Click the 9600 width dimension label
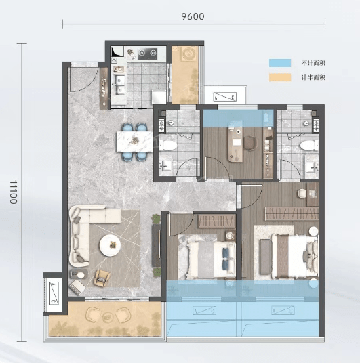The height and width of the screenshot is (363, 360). pyautogui.click(x=193, y=16)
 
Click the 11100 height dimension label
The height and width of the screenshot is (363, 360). pyautogui.click(x=14, y=192)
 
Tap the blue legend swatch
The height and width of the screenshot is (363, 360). pyautogui.click(x=280, y=63)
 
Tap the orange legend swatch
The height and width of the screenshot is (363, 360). pyautogui.click(x=280, y=78)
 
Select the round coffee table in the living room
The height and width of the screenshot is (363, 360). pyautogui.click(x=110, y=245)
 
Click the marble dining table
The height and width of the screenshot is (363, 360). pyautogui.click(x=134, y=142)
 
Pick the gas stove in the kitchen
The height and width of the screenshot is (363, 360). pyautogui.click(x=147, y=54)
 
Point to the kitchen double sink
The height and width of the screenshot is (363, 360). pyautogui.click(x=119, y=85)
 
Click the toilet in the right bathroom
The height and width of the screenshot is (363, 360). pyautogui.click(x=309, y=146)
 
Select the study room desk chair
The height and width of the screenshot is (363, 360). pyautogui.click(x=250, y=143)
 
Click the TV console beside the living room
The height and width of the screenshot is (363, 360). pyautogui.click(x=157, y=246)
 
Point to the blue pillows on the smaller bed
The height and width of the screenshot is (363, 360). pyautogui.click(x=226, y=257)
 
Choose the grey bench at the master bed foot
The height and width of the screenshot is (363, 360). pyautogui.click(x=265, y=256)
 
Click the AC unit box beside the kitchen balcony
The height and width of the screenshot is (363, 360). pyautogui.click(x=224, y=97)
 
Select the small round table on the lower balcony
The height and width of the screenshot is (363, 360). pyautogui.click(x=107, y=316)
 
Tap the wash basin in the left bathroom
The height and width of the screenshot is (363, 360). pyautogui.click(x=165, y=165)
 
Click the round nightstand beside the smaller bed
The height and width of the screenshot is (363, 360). pyautogui.click(x=229, y=235)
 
